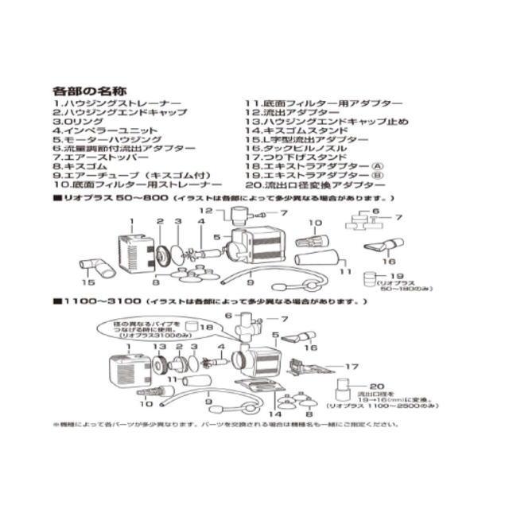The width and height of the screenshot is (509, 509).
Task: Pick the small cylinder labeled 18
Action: tap(191, 327)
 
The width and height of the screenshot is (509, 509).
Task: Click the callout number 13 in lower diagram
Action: tap(160, 347)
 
